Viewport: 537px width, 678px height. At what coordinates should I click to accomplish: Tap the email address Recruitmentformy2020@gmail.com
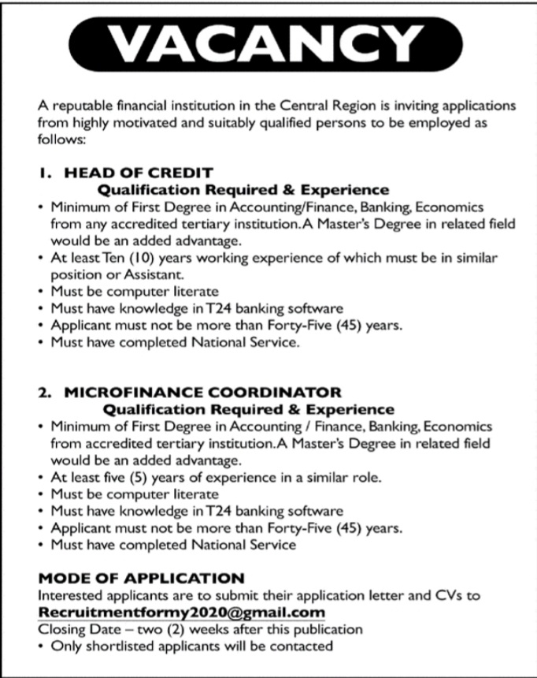tap(181, 613)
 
